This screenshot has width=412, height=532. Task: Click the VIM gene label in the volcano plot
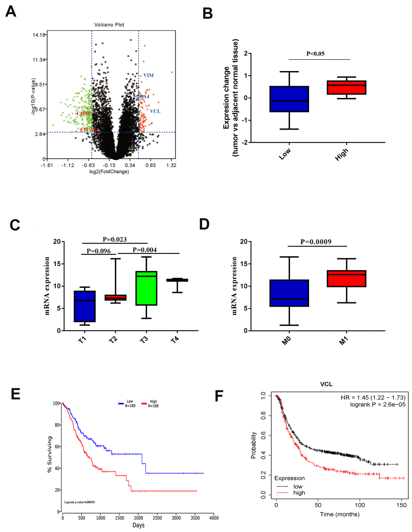click(x=149, y=75)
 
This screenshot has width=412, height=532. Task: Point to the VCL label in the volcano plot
click(x=155, y=111)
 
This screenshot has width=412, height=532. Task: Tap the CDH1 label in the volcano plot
click(x=84, y=113)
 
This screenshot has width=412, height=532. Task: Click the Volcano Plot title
click(x=109, y=25)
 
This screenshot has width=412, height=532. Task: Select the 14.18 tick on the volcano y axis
click(x=39, y=35)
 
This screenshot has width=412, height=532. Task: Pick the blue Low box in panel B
click(x=289, y=99)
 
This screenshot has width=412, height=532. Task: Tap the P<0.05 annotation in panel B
click(x=315, y=54)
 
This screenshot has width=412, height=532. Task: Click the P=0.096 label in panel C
click(x=99, y=251)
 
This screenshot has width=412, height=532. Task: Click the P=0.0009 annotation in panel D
click(x=316, y=242)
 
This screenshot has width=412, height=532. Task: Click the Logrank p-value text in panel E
click(x=79, y=502)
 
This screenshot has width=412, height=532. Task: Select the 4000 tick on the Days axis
click(x=214, y=518)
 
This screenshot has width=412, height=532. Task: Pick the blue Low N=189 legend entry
click(x=127, y=403)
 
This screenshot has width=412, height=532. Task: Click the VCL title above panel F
click(x=326, y=384)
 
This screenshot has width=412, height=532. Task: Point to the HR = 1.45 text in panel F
click(x=373, y=398)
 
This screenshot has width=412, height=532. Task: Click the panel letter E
click(x=15, y=394)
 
